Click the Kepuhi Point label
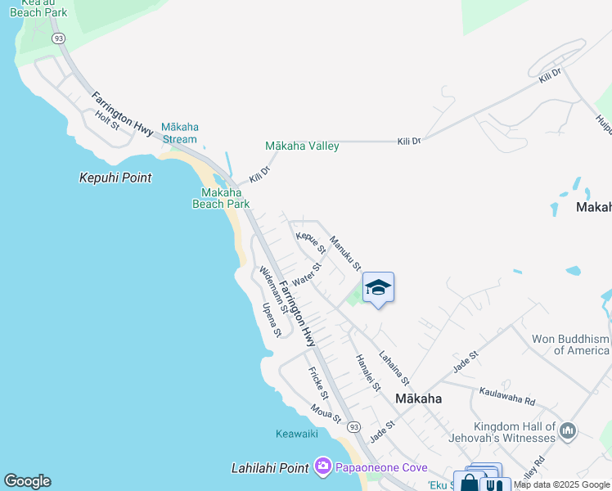(x=115, y=178)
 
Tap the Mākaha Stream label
(x=180, y=133)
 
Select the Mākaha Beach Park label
(x=220, y=199)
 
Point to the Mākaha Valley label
(x=302, y=146)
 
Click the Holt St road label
(x=107, y=120)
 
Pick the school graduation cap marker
(x=378, y=287)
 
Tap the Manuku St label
(x=345, y=253)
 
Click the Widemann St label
(x=273, y=290)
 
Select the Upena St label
(x=272, y=320)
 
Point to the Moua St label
(x=326, y=413)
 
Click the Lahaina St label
(x=394, y=370)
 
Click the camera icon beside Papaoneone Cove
(x=322, y=467)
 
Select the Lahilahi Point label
(x=270, y=468)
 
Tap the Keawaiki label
(x=296, y=434)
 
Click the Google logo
(x=27, y=481)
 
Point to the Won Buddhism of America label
(x=570, y=345)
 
